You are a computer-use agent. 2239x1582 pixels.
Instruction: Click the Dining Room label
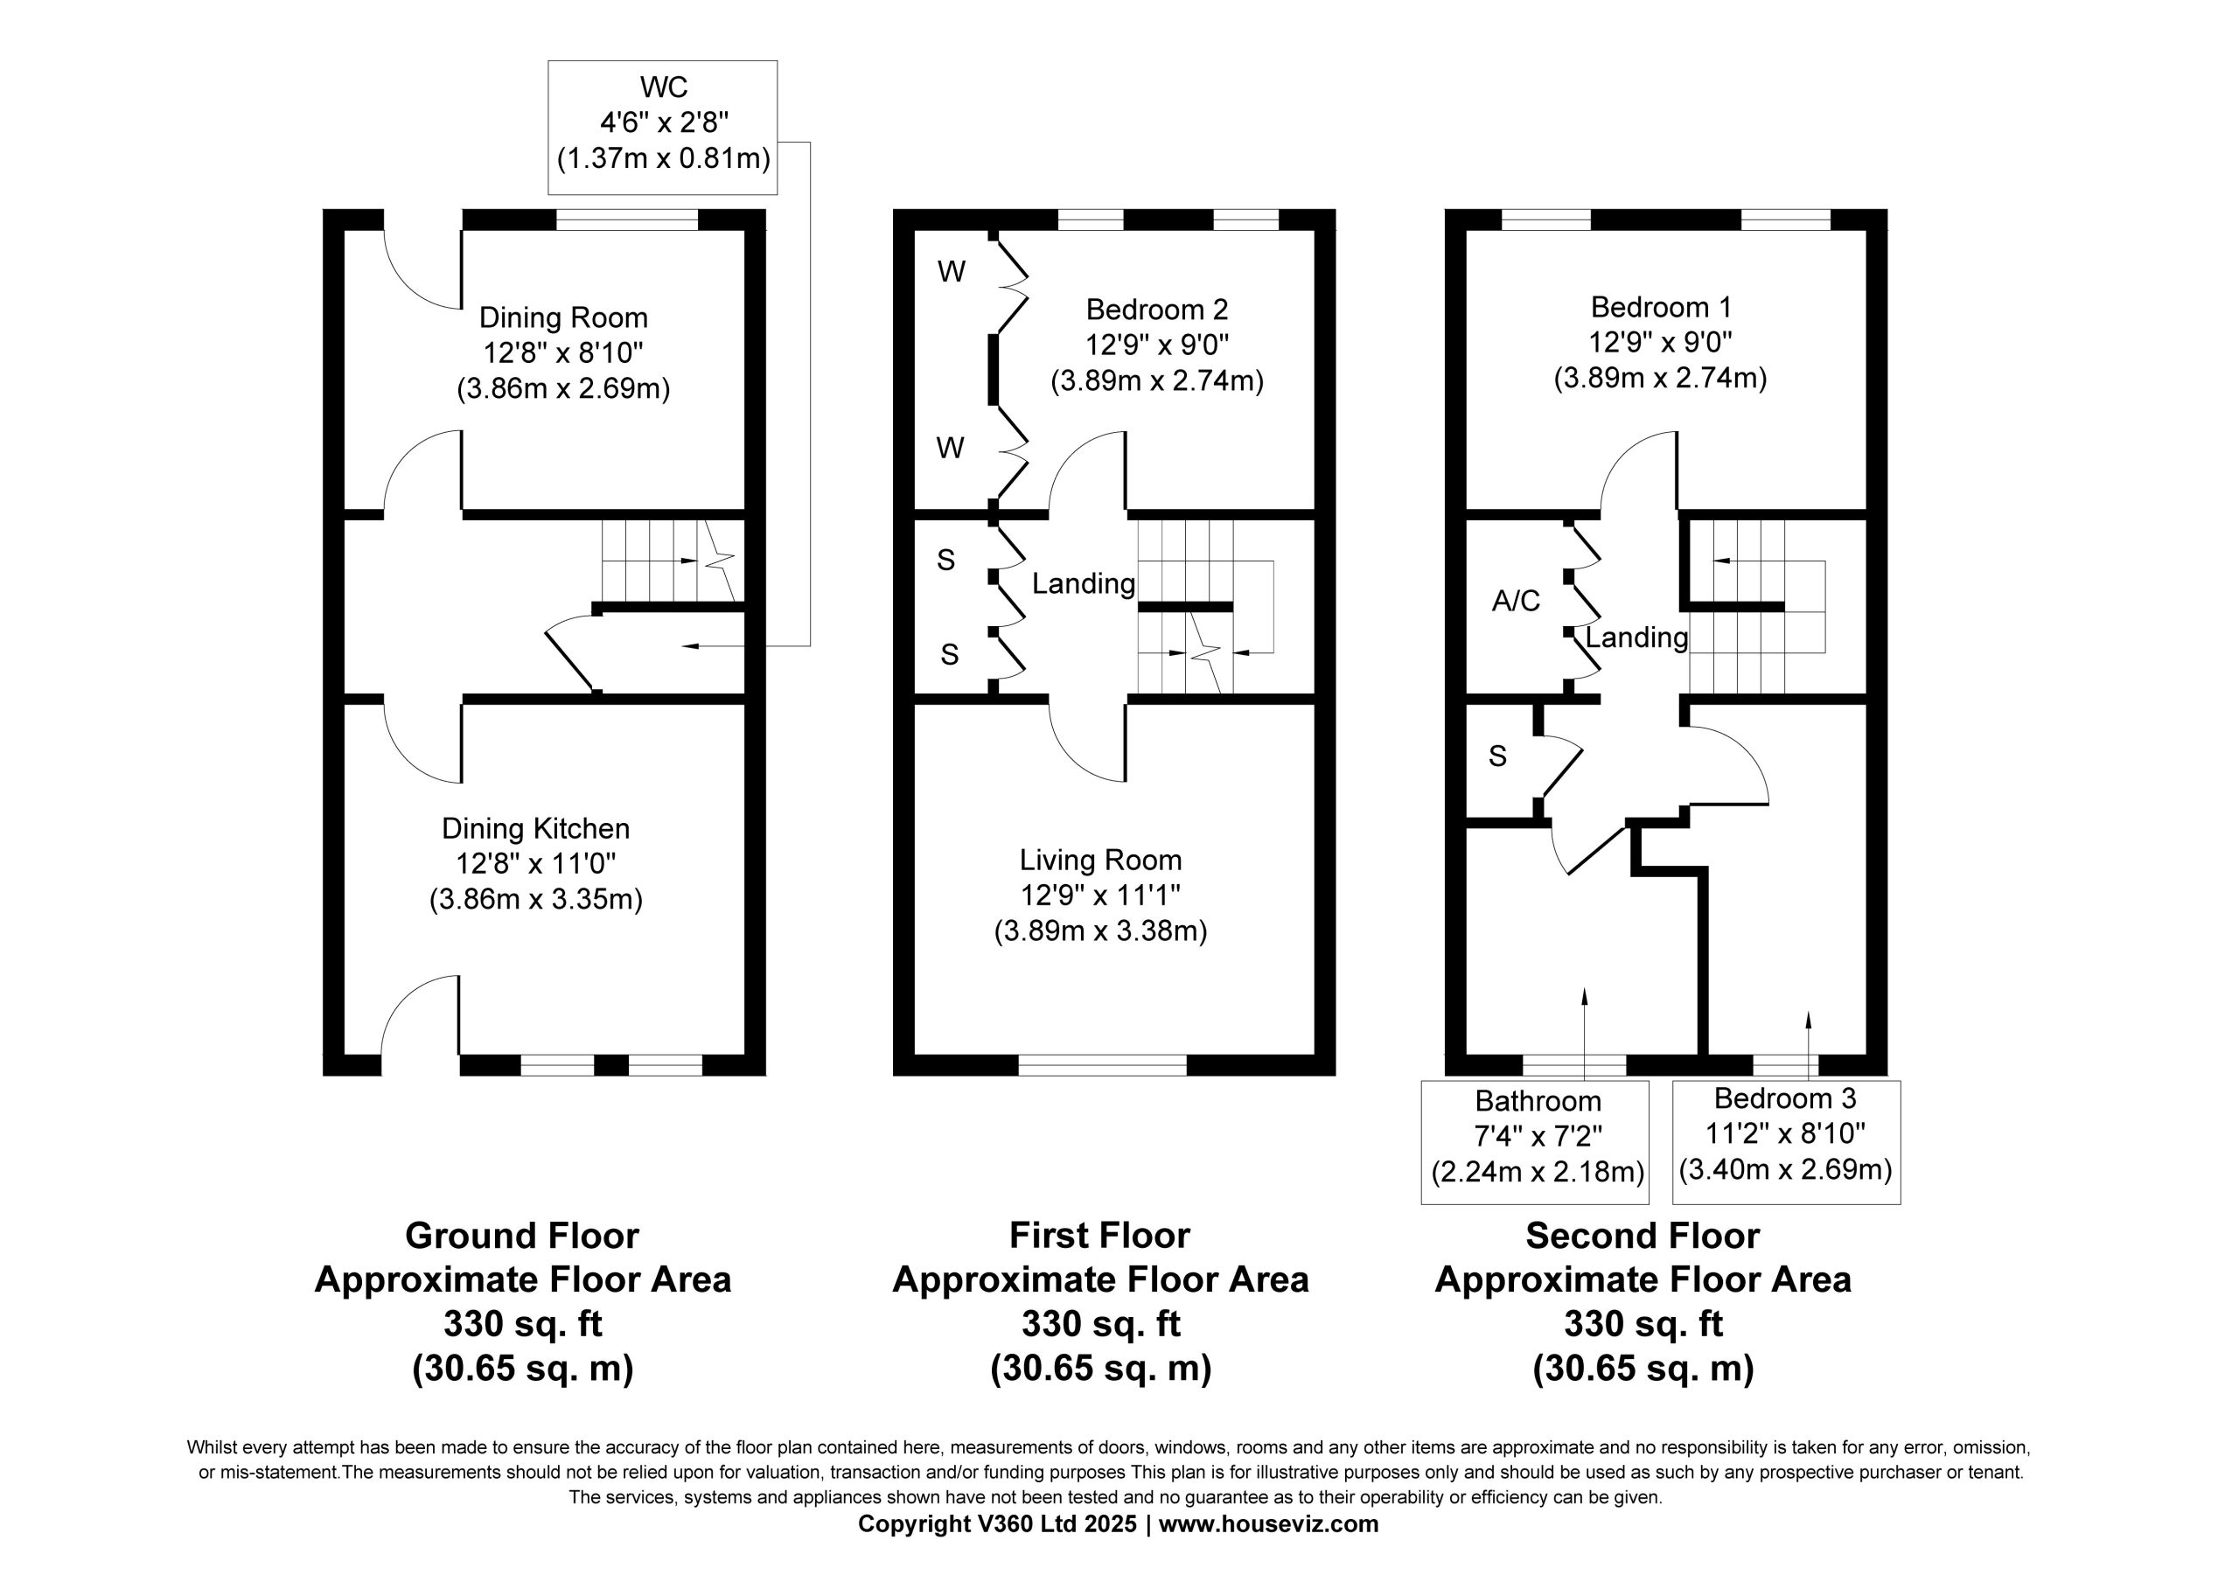(563, 318)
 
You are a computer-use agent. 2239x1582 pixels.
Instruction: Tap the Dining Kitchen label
(535, 829)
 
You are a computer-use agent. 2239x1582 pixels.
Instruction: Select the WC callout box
(663, 128)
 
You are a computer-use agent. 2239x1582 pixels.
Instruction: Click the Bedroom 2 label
(1156, 310)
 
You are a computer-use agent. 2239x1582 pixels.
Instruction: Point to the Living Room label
(1100, 861)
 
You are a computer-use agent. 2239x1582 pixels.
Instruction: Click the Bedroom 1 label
(1661, 308)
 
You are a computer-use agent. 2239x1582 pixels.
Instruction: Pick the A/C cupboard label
(1516, 601)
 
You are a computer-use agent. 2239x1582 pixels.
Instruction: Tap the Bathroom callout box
(1535, 1142)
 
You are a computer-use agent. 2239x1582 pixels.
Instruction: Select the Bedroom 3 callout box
(1787, 1142)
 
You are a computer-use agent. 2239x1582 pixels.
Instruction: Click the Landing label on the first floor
(1084, 584)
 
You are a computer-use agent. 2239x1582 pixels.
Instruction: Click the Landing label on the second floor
(1636, 638)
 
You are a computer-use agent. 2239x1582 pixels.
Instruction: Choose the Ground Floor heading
(522, 1237)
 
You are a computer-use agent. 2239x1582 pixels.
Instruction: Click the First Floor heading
(1099, 1237)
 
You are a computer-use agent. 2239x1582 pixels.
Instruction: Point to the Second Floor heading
(1643, 1237)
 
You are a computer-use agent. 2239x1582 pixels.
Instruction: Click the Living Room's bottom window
(1103, 1065)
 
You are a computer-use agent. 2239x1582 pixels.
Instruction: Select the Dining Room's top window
(627, 220)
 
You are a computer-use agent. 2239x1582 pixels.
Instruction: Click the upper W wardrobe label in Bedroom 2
(951, 272)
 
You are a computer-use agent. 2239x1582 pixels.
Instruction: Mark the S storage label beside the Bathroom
(1498, 756)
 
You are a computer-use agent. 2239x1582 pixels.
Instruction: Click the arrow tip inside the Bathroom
(1584, 989)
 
